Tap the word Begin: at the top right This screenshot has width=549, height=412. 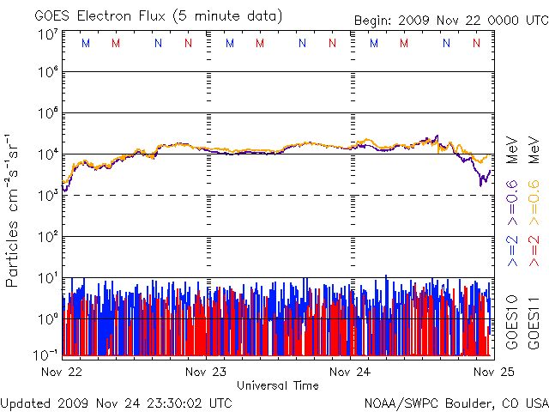[376, 21]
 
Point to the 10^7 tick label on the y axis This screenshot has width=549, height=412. [47, 34]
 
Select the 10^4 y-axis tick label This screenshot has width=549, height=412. [47, 154]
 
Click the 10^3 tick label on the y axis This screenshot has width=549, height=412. [47, 196]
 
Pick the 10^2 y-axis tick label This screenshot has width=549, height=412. [47, 237]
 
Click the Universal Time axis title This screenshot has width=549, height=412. [278, 386]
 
